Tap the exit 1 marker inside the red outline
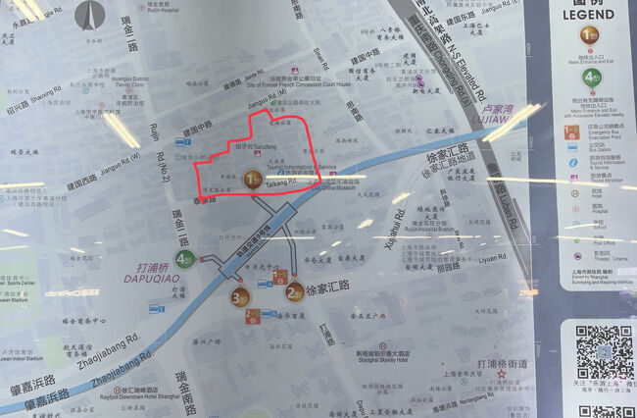click(x=253, y=179)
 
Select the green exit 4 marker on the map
click(x=182, y=259)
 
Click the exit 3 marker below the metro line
click(x=238, y=297)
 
